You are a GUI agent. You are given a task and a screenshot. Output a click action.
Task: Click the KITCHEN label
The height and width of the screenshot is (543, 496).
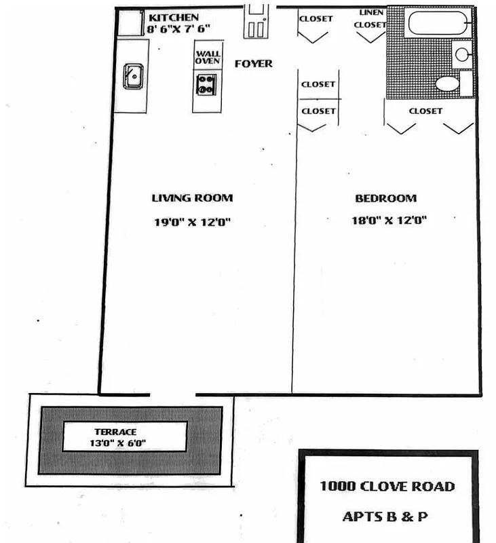tap(174, 17)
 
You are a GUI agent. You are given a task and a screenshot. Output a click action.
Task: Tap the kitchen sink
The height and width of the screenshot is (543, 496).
tap(132, 75)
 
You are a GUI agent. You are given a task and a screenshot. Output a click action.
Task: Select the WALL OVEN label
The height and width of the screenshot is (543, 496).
tap(208, 57)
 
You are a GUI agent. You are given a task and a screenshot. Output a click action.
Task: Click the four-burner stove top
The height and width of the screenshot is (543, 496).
tap(206, 86)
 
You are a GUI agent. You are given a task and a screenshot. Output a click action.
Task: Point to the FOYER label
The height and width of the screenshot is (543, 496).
tap(254, 64)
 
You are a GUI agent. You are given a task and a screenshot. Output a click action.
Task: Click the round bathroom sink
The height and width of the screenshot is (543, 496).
tap(462, 54)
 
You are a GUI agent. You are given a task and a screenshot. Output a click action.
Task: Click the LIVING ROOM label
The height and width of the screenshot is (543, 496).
tap(192, 198)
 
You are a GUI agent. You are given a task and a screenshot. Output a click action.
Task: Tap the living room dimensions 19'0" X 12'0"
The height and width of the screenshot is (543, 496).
tap(193, 221)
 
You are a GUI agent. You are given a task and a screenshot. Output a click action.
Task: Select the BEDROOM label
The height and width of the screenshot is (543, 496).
tap(385, 198)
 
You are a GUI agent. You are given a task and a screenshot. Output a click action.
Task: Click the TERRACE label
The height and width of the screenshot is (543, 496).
tap(116, 432)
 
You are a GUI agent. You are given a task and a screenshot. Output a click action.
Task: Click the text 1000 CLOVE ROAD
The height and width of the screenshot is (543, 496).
tap(387, 486)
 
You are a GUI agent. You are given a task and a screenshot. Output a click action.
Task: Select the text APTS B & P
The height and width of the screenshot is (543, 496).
tap(385, 517)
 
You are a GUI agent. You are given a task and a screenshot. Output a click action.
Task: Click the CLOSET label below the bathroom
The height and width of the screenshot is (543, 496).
tap(425, 111)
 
